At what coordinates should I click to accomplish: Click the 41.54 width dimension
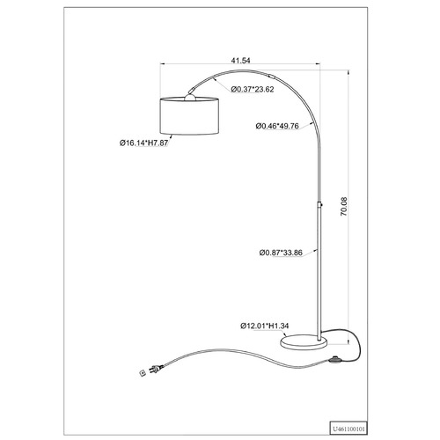240,61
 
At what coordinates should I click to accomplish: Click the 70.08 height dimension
343,207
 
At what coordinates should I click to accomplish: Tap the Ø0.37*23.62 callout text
252,89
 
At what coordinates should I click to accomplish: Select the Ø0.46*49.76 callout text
277,126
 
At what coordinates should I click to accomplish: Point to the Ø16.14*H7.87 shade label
143,143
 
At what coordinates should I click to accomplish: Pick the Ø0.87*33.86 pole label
281,253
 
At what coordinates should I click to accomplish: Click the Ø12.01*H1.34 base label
265,326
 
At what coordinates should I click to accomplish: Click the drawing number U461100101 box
348,429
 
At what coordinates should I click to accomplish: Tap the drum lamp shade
189,116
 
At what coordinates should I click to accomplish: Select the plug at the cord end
156,369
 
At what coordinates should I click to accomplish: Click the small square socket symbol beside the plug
143,373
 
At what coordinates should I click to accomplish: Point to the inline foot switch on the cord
334,360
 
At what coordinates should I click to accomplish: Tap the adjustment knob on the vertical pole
322,205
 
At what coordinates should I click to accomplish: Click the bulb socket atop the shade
190,97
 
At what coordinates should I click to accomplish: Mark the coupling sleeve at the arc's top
272,77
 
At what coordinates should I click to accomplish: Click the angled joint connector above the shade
193,90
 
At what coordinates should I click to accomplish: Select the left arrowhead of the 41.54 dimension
162,63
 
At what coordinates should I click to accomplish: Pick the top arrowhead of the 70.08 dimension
348,72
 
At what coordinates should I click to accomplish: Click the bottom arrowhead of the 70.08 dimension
348,341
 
